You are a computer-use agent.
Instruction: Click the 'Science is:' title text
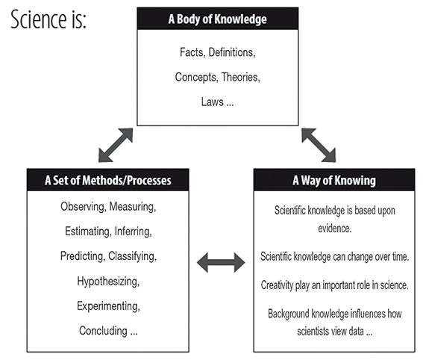tap(48, 19)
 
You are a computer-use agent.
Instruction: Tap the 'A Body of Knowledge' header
tap(218, 19)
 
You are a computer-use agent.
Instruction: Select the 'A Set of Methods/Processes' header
tap(108, 180)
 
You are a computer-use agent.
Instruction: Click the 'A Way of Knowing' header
tap(334, 180)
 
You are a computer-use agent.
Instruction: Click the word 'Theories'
tap(241, 77)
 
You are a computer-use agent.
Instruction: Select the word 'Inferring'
tap(134, 232)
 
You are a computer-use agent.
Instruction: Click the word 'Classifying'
tap(132, 256)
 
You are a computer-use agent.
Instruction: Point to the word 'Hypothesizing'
tap(108, 282)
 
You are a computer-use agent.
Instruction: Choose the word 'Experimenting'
tap(108, 306)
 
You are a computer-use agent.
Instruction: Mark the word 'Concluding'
tap(103, 331)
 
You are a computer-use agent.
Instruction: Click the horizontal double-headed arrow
tap(221, 262)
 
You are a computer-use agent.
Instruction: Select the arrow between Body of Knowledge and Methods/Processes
tap(116, 145)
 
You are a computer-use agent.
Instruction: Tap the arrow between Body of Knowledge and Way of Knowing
tap(319, 145)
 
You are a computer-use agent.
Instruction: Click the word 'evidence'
tap(334, 229)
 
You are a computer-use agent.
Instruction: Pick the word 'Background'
tap(289, 314)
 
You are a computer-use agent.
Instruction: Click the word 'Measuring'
tap(133, 207)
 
